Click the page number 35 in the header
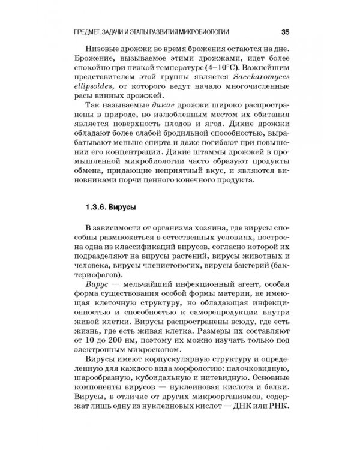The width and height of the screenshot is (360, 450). (x=285, y=31)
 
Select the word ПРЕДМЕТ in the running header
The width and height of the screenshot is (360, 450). (x=87, y=31)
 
